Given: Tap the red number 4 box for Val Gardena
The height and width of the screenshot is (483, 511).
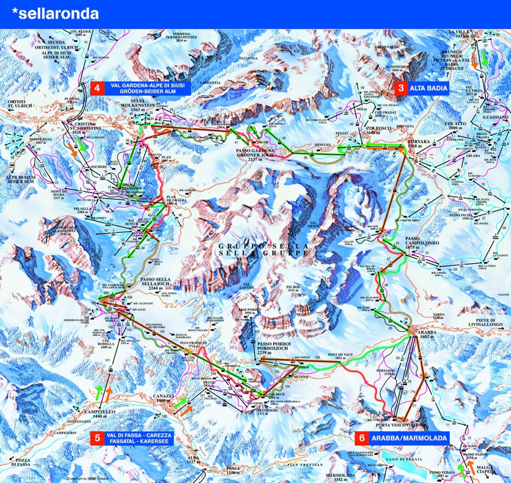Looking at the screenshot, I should coord(97,88).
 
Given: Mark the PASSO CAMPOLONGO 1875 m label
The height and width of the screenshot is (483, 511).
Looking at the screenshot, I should coord(402,243).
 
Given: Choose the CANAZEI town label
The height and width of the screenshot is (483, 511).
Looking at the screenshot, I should coord(162,398).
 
